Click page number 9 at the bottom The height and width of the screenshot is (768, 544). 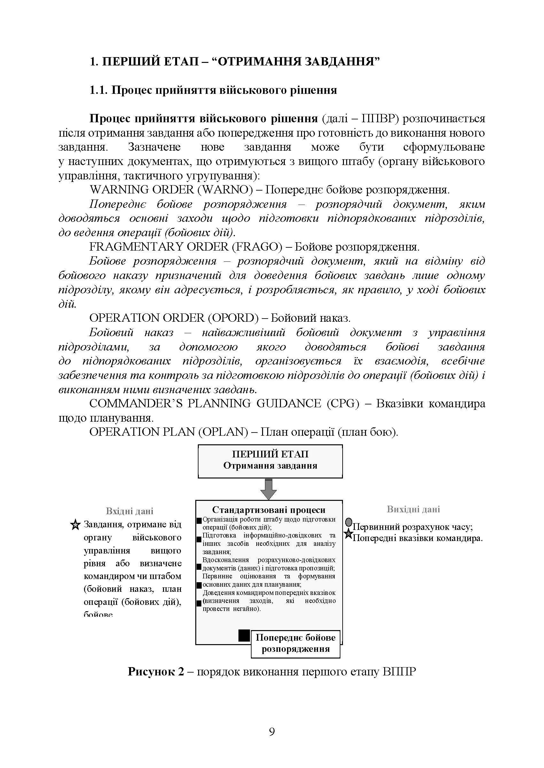272,732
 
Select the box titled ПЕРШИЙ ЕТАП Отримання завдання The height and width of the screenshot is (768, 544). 270,461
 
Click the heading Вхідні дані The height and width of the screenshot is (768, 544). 130,511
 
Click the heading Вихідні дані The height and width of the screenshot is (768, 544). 413,509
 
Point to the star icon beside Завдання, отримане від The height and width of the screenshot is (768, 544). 76,524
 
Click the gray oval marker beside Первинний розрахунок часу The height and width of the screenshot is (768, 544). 349,522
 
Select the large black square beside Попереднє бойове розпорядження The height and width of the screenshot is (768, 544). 244,636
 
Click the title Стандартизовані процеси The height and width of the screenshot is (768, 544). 269,510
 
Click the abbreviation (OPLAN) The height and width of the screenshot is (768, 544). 223,432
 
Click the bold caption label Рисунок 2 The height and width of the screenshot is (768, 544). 156,672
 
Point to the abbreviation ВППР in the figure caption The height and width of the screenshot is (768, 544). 399,672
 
